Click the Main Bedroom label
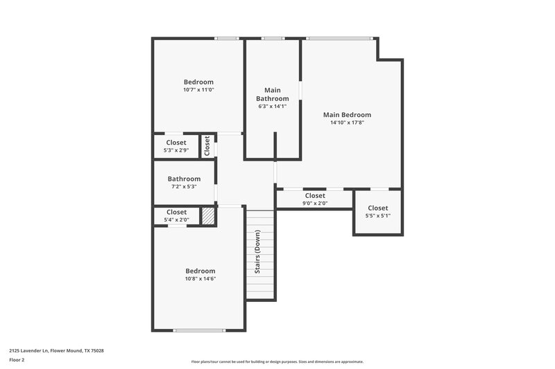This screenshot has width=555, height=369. pos(347,115)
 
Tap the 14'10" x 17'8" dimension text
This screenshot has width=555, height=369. pos(347,123)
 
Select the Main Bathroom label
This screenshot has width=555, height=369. pos(272,94)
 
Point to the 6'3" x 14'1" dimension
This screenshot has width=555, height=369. pos(272,106)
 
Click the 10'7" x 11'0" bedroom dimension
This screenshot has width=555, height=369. pos(198,89)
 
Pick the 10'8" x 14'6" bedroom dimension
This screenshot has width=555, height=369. pos(200,278)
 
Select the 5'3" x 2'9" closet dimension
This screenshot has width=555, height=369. pos(176,150)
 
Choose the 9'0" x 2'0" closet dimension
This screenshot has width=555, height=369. pos(315,204)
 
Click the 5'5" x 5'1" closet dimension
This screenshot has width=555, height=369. pos(377,216)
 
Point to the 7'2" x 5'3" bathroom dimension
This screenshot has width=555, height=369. pos(184,186)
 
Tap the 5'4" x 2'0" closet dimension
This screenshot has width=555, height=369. pos(176,219)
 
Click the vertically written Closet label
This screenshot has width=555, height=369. pos(207,145)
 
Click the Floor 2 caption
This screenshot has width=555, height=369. pos(17,360)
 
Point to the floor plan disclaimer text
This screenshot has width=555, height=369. pos(277,361)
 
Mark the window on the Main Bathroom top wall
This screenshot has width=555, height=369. pos(273,38)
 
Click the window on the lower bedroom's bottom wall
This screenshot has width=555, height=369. pos(199,330)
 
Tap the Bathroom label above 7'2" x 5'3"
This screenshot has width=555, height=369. pos(184,179)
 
